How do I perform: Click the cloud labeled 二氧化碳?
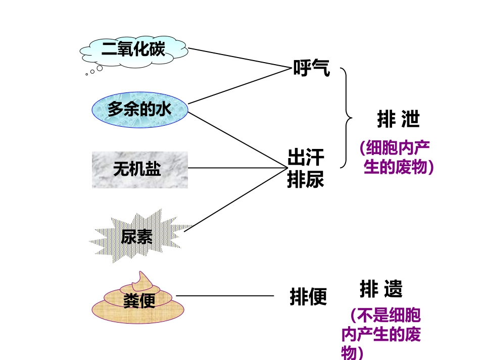click(134, 53)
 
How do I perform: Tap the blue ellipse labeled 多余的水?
click(140, 110)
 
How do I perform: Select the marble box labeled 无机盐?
click(140, 170)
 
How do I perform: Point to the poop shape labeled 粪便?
click(138, 298)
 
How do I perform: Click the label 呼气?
click(311, 68)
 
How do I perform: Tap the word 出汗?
click(306, 158)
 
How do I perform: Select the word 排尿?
click(306, 179)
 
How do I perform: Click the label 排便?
click(308, 296)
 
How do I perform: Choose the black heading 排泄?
click(398, 119)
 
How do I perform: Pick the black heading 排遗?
click(381, 289)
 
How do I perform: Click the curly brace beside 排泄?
click(346, 118)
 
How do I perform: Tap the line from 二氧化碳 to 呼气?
click(239, 58)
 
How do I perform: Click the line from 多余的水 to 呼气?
click(239, 86)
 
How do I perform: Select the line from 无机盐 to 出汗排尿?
click(238, 168)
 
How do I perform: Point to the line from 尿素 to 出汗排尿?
click(236, 199)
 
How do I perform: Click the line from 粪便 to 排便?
click(225, 296)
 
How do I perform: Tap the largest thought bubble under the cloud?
click(100, 68)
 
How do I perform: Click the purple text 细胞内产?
click(398, 148)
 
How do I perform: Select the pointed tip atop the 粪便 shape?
click(140, 272)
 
